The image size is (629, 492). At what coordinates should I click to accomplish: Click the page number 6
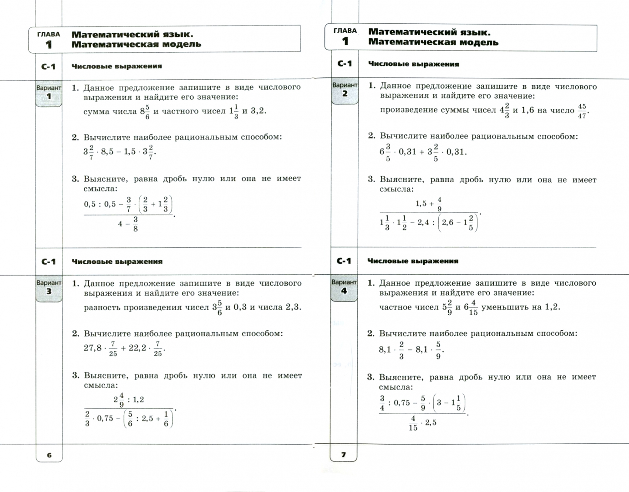tap(49, 455)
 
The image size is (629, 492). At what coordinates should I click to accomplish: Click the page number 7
tap(344, 454)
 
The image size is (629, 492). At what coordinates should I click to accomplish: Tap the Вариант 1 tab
tap(49, 92)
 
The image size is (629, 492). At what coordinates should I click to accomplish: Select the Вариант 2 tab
tap(345, 90)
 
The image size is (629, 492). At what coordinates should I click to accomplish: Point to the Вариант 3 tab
tap(49, 287)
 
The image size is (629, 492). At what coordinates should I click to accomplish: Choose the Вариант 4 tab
tap(344, 287)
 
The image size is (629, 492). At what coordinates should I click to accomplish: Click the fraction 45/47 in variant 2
tap(582, 111)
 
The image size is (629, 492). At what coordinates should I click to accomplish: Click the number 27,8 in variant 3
tap(93, 348)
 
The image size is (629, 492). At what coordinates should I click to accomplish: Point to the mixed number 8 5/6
tap(145, 111)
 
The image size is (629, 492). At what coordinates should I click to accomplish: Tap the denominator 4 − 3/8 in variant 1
tap(128, 224)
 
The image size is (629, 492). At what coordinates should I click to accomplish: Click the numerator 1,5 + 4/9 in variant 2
tap(428, 204)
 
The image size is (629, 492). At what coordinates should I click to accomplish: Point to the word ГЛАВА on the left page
tap(48, 34)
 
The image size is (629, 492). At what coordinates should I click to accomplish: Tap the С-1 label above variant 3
tap(48, 261)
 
